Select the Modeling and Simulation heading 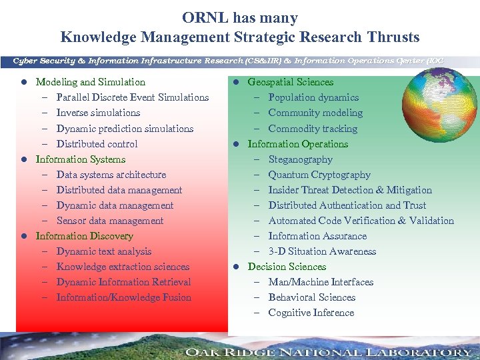coord(90,82)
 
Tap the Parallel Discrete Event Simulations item coord(133,97)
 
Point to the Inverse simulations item coord(98,113)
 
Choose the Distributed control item coord(97,144)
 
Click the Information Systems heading coord(80,159)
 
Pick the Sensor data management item coord(110,221)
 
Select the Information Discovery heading coord(84,236)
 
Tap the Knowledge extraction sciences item coord(123,267)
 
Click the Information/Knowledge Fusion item coord(124,297)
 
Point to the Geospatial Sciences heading coord(290,82)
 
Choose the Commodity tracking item coord(313,129)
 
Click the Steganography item coord(300,159)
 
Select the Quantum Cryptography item coord(319,175)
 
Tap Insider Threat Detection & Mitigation coord(350,190)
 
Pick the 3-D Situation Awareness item coord(322,251)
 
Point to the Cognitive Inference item coord(311,313)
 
